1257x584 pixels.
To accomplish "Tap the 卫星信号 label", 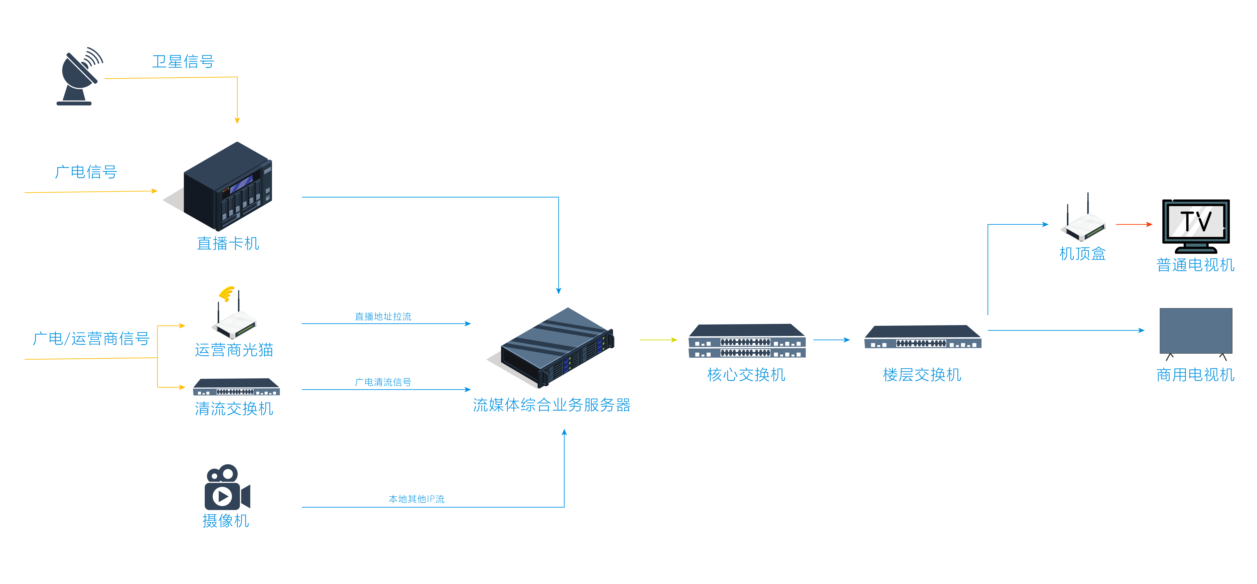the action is tap(183, 61).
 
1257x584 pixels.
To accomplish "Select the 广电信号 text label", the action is tap(86, 172).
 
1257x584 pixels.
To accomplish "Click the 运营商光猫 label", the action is tap(234, 350).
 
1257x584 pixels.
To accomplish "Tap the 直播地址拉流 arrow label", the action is tap(383, 317).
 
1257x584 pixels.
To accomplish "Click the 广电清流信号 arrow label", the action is tap(383, 382).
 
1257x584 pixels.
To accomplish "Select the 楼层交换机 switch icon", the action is tap(922, 337).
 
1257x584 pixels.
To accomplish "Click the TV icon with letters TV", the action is tap(1196, 226).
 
